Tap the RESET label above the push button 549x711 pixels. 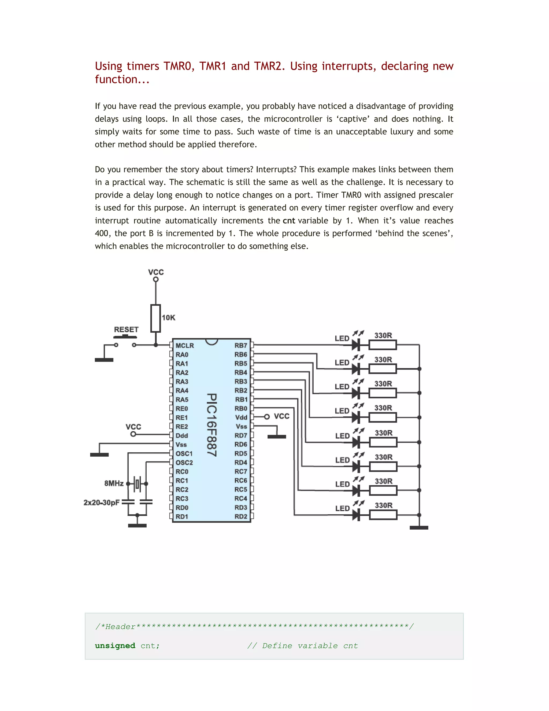[x=126, y=329]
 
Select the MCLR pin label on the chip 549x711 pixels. [x=184, y=345]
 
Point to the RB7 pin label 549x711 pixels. [x=241, y=345]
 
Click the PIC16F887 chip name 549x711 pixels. [x=212, y=425]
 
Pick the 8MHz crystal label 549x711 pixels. [x=114, y=483]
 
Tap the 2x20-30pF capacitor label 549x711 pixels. [x=102, y=502]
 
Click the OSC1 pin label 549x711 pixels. [x=184, y=453]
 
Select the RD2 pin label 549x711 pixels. [x=241, y=516]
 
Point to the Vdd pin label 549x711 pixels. [x=241, y=417]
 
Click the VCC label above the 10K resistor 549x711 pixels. [x=156, y=272]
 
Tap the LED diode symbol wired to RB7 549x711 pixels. [x=357, y=344]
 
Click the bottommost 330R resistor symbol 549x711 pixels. [x=383, y=515]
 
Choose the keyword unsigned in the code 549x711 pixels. [x=115, y=646]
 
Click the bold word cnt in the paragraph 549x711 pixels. [x=289, y=221]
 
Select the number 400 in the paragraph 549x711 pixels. [x=102, y=233]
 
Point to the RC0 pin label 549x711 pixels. [x=182, y=471]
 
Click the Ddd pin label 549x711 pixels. [x=182, y=435]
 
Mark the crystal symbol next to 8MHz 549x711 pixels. [x=137, y=483]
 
